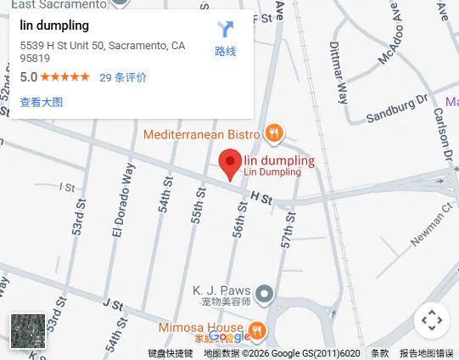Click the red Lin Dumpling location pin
point(230,163)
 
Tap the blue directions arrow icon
point(225,31)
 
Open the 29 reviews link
point(123,77)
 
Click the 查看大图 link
point(42,102)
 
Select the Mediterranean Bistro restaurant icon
point(273,133)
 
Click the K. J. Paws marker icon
point(266,294)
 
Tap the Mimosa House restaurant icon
point(257,329)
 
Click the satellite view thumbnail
point(28,330)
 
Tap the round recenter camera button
point(432,320)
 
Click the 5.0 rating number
point(29,77)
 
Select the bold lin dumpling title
point(54,25)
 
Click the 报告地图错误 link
point(427,353)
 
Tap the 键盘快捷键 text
point(171,353)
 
